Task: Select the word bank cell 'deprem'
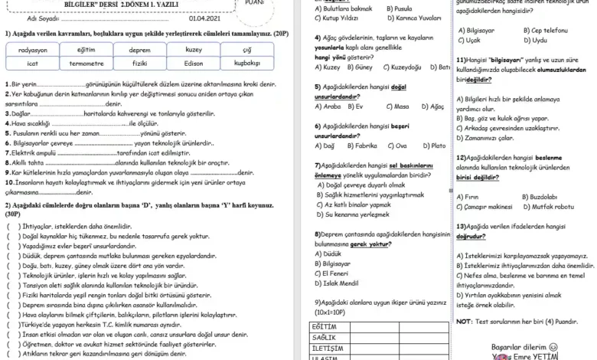(x=139, y=49)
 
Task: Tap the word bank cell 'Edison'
(x=194, y=64)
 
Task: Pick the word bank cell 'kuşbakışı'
(x=247, y=64)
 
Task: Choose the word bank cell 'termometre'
(x=86, y=64)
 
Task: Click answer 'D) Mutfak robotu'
(x=548, y=207)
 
